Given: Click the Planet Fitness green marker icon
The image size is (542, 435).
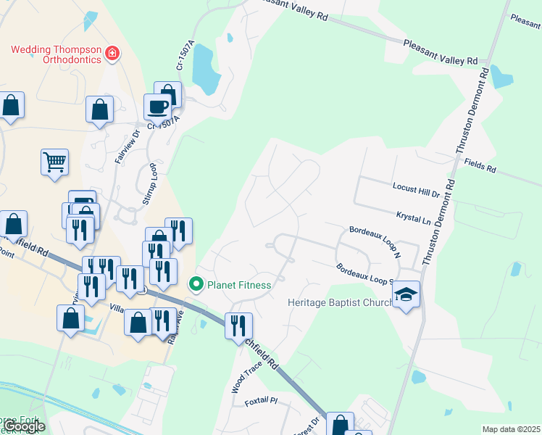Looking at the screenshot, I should point(196,285).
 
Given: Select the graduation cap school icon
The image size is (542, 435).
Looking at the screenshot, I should point(406,294).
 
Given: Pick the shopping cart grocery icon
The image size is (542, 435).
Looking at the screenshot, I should point(54,162).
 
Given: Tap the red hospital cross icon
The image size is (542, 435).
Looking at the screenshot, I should point(112,52).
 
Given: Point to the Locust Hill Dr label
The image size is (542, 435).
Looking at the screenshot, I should point(417,191).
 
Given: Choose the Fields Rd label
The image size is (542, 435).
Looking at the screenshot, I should point(480,166).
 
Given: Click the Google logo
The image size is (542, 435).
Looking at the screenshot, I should point(24,427).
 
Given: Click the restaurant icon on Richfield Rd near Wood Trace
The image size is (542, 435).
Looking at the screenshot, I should point(238,325).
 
